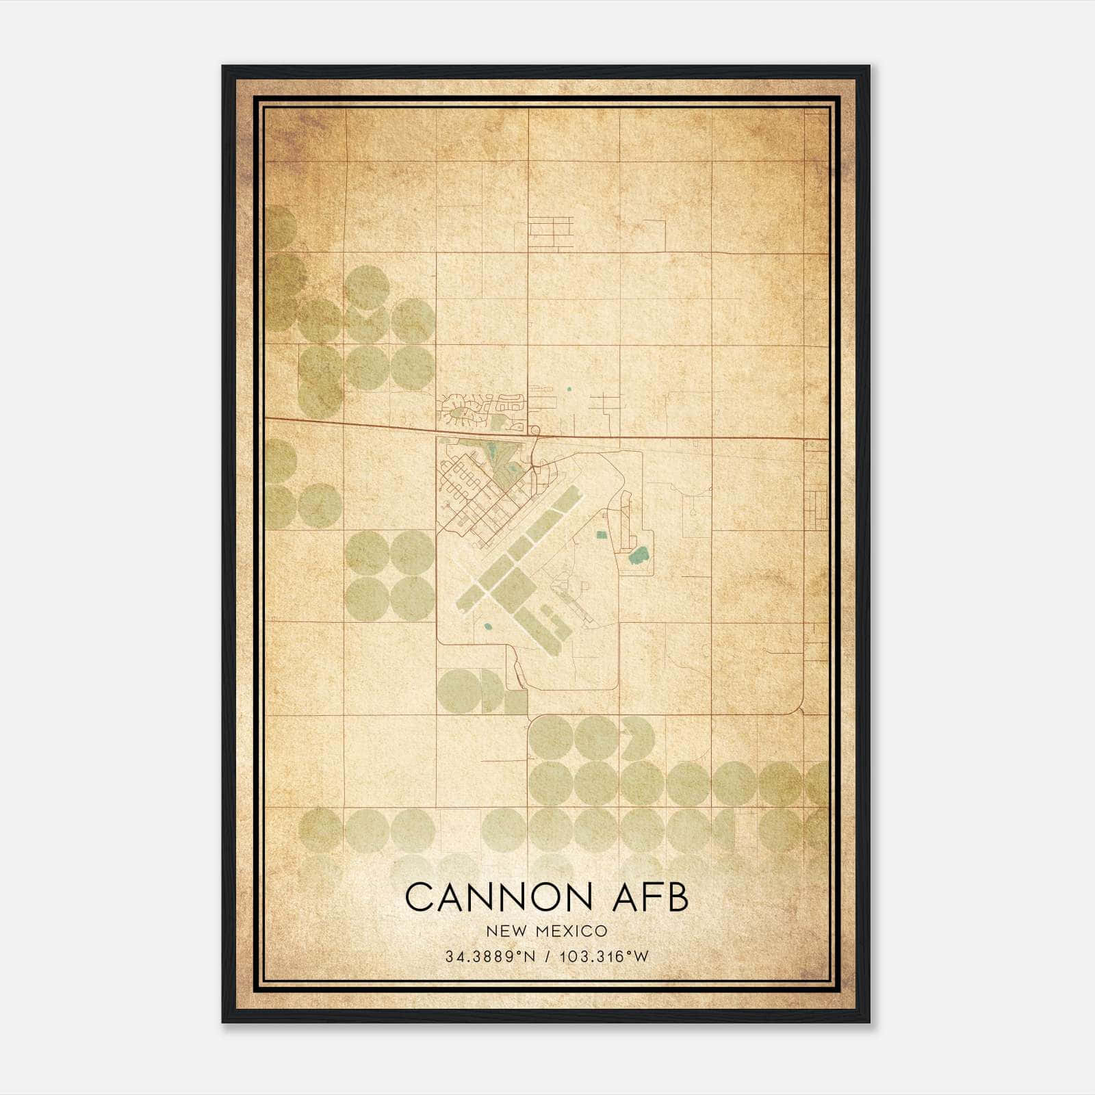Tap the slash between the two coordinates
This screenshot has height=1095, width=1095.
[x=547, y=957]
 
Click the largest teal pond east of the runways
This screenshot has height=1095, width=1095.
[x=639, y=554]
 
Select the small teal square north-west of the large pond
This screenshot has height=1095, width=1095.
[x=602, y=534]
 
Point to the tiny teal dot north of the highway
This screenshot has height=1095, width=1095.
[x=568, y=389]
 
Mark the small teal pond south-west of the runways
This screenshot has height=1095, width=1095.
[x=488, y=625]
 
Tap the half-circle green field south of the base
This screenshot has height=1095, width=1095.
[x=491, y=691]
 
